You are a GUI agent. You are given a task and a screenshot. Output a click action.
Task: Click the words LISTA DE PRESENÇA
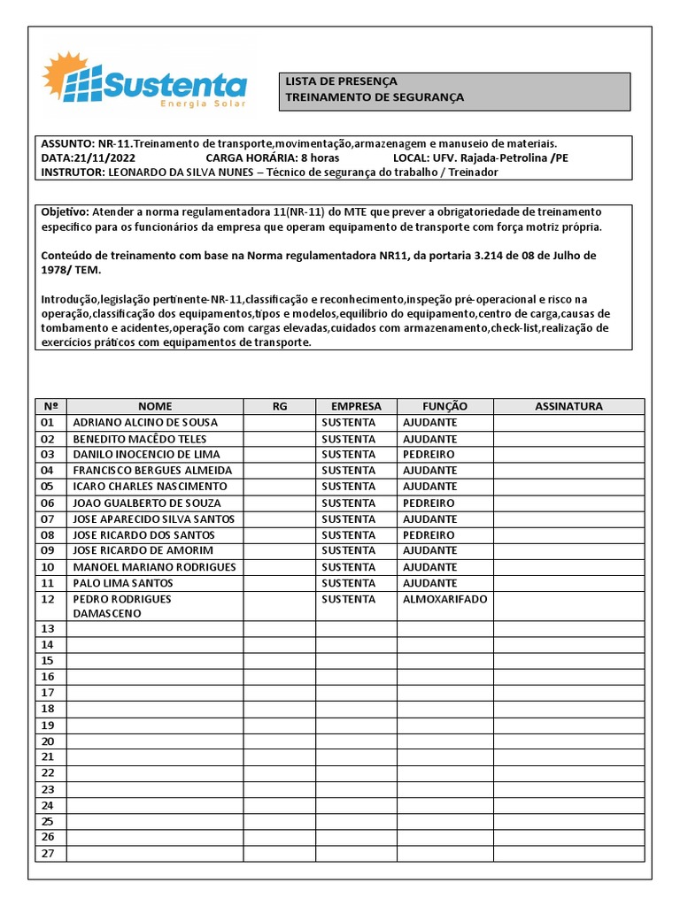[x=341, y=81]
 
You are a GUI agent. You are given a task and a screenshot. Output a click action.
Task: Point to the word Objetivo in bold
[x=65, y=212]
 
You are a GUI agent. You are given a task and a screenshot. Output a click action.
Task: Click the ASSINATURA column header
[x=568, y=406]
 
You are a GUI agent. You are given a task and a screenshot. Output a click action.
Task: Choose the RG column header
[x=280, y=406]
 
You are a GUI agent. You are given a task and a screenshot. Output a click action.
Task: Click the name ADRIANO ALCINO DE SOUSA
[x=145, y=423]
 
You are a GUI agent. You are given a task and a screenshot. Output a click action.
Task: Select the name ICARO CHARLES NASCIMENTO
[x=150, y=487]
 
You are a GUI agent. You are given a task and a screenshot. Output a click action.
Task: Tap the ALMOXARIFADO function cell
[x=444, y=599]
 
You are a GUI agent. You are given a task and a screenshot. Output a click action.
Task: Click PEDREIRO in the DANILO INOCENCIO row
[x=429, y=455]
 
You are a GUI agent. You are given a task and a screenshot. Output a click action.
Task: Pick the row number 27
[x=48, y=853]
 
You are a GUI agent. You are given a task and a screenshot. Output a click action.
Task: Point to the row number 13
[x=48, y=628]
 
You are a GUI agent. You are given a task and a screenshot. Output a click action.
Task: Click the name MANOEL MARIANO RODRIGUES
[x=154, y=567]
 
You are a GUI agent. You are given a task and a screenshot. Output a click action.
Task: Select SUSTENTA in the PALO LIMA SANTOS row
[x=348, y=583]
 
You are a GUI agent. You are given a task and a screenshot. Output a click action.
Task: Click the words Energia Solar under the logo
[x=203, y=104]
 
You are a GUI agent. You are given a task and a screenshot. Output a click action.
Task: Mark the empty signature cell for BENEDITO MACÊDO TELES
[x=568, y=439]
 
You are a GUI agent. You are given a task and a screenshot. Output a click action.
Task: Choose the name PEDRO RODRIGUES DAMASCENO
[x=122, y=606]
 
